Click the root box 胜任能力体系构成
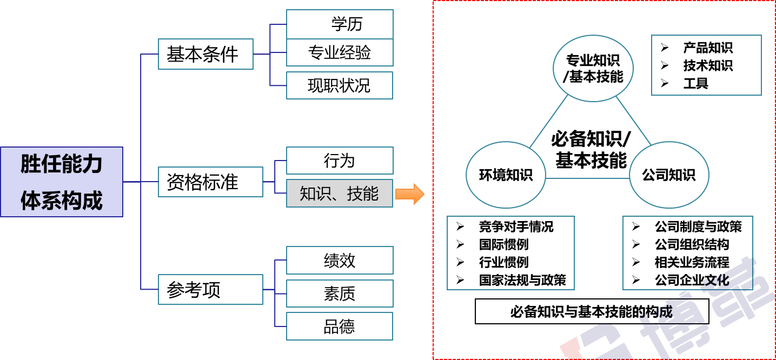point(62,182)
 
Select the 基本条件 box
point(205,54)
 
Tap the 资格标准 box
point(210,182)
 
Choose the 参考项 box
point(210,290)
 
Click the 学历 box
point(340,24)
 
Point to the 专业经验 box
point(340,54)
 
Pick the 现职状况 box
point(340,85)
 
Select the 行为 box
point(340,161)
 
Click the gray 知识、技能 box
point(340,194)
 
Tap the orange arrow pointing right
point(410,194)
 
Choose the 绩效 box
point(340,261)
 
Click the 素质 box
point(340,294)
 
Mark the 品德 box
point(340,326)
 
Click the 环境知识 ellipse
point(506,175)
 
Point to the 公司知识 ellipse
point(668,175)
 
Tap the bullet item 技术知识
point(707,65)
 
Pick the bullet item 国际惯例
point(503,244)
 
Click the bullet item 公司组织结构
point(692,244)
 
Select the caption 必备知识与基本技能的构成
point(592,312)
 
